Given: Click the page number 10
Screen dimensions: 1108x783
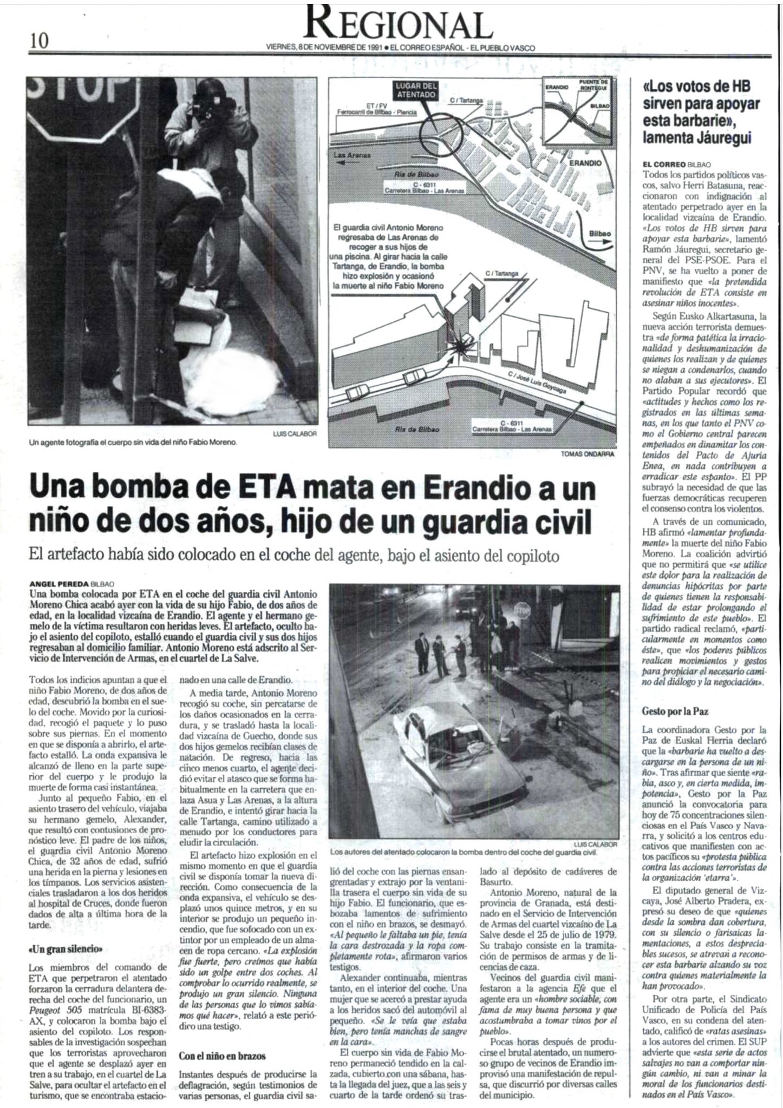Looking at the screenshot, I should [40, 41].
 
